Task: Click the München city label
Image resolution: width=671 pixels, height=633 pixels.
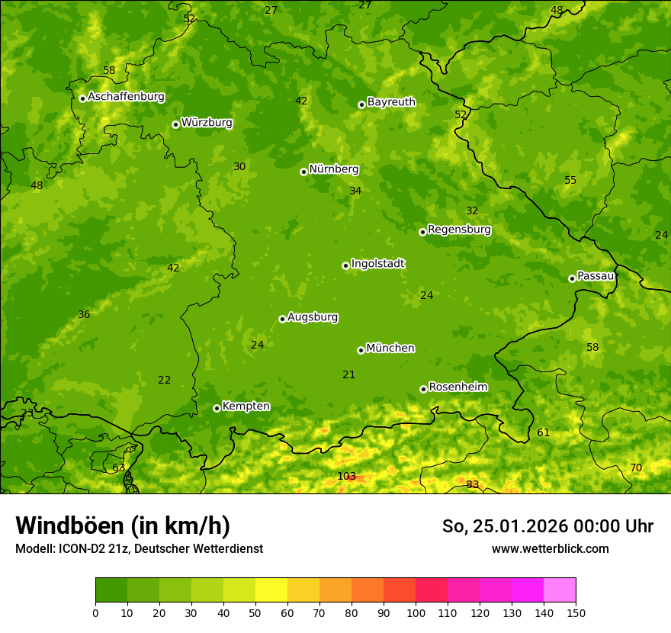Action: tap(390, 349)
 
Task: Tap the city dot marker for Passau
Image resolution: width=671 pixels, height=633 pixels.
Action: tap(572, 278)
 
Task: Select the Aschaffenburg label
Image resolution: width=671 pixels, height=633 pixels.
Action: tap(126, 97)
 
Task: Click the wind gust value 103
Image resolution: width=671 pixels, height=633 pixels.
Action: tap(346, 477)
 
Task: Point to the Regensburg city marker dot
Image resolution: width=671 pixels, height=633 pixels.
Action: tap(422, 232)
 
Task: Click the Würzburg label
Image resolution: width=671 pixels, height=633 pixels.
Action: tap(207, 123)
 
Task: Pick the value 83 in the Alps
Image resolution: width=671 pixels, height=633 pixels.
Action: tap(473, 484)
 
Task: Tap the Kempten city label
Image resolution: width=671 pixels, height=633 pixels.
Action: tap(246, 406)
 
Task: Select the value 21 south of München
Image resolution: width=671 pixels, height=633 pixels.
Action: tap(348, 374)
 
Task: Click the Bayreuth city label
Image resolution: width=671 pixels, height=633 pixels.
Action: tap(391, 102)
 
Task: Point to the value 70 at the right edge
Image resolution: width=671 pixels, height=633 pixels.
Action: tap(636, 468)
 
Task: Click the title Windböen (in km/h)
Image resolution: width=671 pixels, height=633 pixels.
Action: tap(123, 525)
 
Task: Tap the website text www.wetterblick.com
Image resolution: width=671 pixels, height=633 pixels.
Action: tap(550, 548)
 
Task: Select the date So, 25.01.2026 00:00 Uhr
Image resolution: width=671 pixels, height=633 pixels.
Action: tap(547, 526)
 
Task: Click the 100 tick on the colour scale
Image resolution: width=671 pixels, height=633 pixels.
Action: tap(416, 612)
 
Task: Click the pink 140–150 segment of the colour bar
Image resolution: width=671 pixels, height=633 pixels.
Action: tap(560, 590)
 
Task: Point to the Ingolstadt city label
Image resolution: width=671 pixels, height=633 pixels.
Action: tap(377, 264)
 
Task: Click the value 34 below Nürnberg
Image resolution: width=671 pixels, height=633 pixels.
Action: tap(355, 191)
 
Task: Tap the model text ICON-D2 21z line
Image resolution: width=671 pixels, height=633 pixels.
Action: tap(139, 548)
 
